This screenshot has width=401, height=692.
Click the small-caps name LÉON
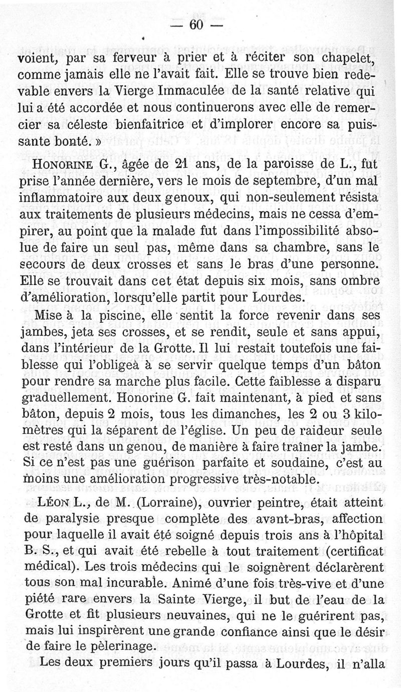coord(52,503)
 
